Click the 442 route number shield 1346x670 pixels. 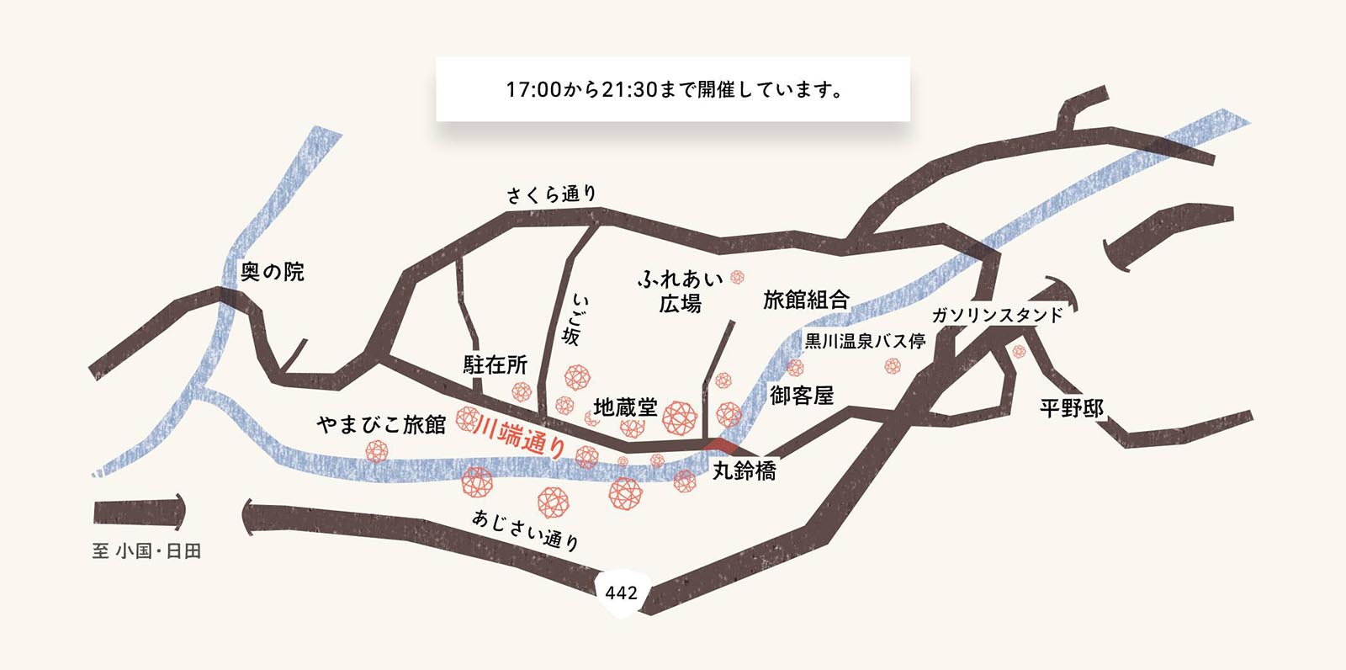621,593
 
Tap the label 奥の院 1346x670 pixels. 272,272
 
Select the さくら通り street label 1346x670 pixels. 551,194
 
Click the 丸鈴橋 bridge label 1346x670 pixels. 745,471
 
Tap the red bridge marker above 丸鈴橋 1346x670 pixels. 721,444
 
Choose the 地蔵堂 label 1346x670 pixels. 625,407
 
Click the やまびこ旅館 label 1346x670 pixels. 381,425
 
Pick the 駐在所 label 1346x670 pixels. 495,364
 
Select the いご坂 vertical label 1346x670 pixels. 574,320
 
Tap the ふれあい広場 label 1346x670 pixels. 680,290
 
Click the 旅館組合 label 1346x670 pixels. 806,300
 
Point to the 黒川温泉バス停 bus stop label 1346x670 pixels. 865,341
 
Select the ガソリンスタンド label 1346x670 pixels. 998,316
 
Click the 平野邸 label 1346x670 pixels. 1072,408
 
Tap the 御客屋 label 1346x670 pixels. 802,395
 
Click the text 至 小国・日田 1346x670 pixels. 146,551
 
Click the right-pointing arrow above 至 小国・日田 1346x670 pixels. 139,511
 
